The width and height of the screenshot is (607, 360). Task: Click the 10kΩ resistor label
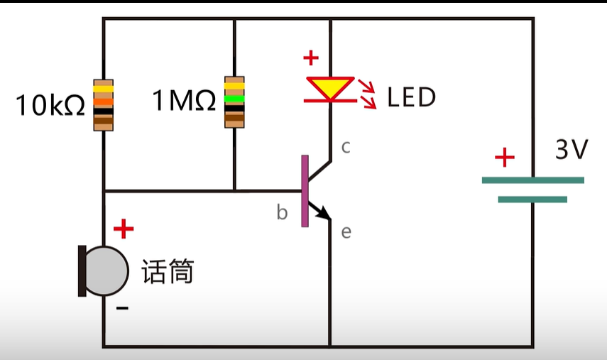[x=50, y=105]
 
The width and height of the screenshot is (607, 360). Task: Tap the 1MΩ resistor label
[x=184, y=101]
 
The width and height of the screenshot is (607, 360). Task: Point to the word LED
[x=411, y=97]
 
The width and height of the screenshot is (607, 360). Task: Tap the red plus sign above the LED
[x=310, y=58]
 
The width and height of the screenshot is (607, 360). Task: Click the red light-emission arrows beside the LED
[x=368, y=95]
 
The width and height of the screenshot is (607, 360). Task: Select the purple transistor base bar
[x=305, y=190]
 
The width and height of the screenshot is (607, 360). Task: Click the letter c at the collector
[x=346, y=147]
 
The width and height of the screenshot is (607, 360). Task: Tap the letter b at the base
[x=282, y=213]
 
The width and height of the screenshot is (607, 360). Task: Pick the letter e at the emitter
[x=346, y=232]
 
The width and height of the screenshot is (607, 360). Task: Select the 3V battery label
[x=572, y=150]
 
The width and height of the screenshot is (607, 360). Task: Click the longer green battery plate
[x=532, y=180]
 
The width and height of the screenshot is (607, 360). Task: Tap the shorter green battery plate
[x=532, y=200]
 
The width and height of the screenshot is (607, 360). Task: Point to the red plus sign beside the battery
[x=504, y=158]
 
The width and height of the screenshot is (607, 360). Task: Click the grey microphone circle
[x=106, y=270]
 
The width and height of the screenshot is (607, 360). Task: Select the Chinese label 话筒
[x=168, y=271]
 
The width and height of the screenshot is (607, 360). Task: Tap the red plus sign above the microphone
[x=124, y=229]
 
